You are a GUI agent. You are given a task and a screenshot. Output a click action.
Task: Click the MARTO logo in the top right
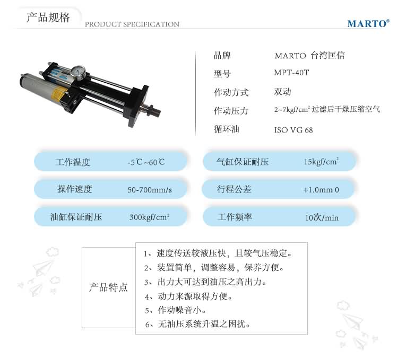point(368,23)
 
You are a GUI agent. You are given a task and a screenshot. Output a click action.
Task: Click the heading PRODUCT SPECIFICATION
point(132,24)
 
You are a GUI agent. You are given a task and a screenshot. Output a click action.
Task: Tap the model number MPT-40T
point(291,73)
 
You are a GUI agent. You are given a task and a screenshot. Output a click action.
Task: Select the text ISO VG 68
point(293,130)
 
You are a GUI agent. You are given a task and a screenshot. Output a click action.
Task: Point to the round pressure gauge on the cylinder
point(79,72)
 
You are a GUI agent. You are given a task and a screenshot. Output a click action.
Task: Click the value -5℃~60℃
point(146,162)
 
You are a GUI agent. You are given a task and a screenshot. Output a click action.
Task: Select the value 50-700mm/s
point(150,190)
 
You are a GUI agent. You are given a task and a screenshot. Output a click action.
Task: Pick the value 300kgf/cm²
point(149,217)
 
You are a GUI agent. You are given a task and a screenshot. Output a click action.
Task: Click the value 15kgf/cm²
point(322,162)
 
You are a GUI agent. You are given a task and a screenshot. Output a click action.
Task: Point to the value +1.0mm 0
point(321,190)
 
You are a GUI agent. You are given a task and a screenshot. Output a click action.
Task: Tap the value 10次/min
point(322,217)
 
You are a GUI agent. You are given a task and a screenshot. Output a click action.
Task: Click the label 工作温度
point(73,162)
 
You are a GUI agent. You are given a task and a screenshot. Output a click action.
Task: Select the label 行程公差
point(234,189)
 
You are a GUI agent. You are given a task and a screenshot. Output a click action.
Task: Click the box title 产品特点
point(108,287)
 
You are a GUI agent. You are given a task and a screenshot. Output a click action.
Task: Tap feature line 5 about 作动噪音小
point(176,310)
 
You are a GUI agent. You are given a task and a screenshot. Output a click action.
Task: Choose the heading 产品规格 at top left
point(48,17)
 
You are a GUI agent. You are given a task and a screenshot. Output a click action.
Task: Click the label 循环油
point(227,129)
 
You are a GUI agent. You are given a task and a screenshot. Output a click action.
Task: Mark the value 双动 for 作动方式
point(282,92)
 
